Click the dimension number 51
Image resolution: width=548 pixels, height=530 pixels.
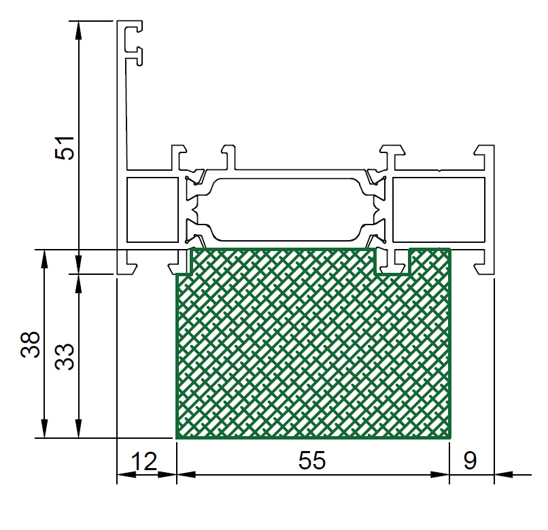(x=65, y=148)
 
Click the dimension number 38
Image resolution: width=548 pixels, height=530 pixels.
(x=31, y=344)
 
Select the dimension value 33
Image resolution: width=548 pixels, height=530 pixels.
(x=65, y=357)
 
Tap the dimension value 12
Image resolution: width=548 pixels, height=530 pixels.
(x=144, y=461)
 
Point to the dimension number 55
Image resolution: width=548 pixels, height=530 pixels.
(x=312, y=461)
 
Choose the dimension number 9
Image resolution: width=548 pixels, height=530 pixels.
(x=470, y=461)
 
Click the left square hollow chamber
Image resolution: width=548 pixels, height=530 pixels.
(x=152, y=210)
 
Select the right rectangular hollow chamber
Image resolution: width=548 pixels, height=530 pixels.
(x=439, y=210)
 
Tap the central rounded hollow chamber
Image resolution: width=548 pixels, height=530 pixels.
(x=286, y=210)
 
